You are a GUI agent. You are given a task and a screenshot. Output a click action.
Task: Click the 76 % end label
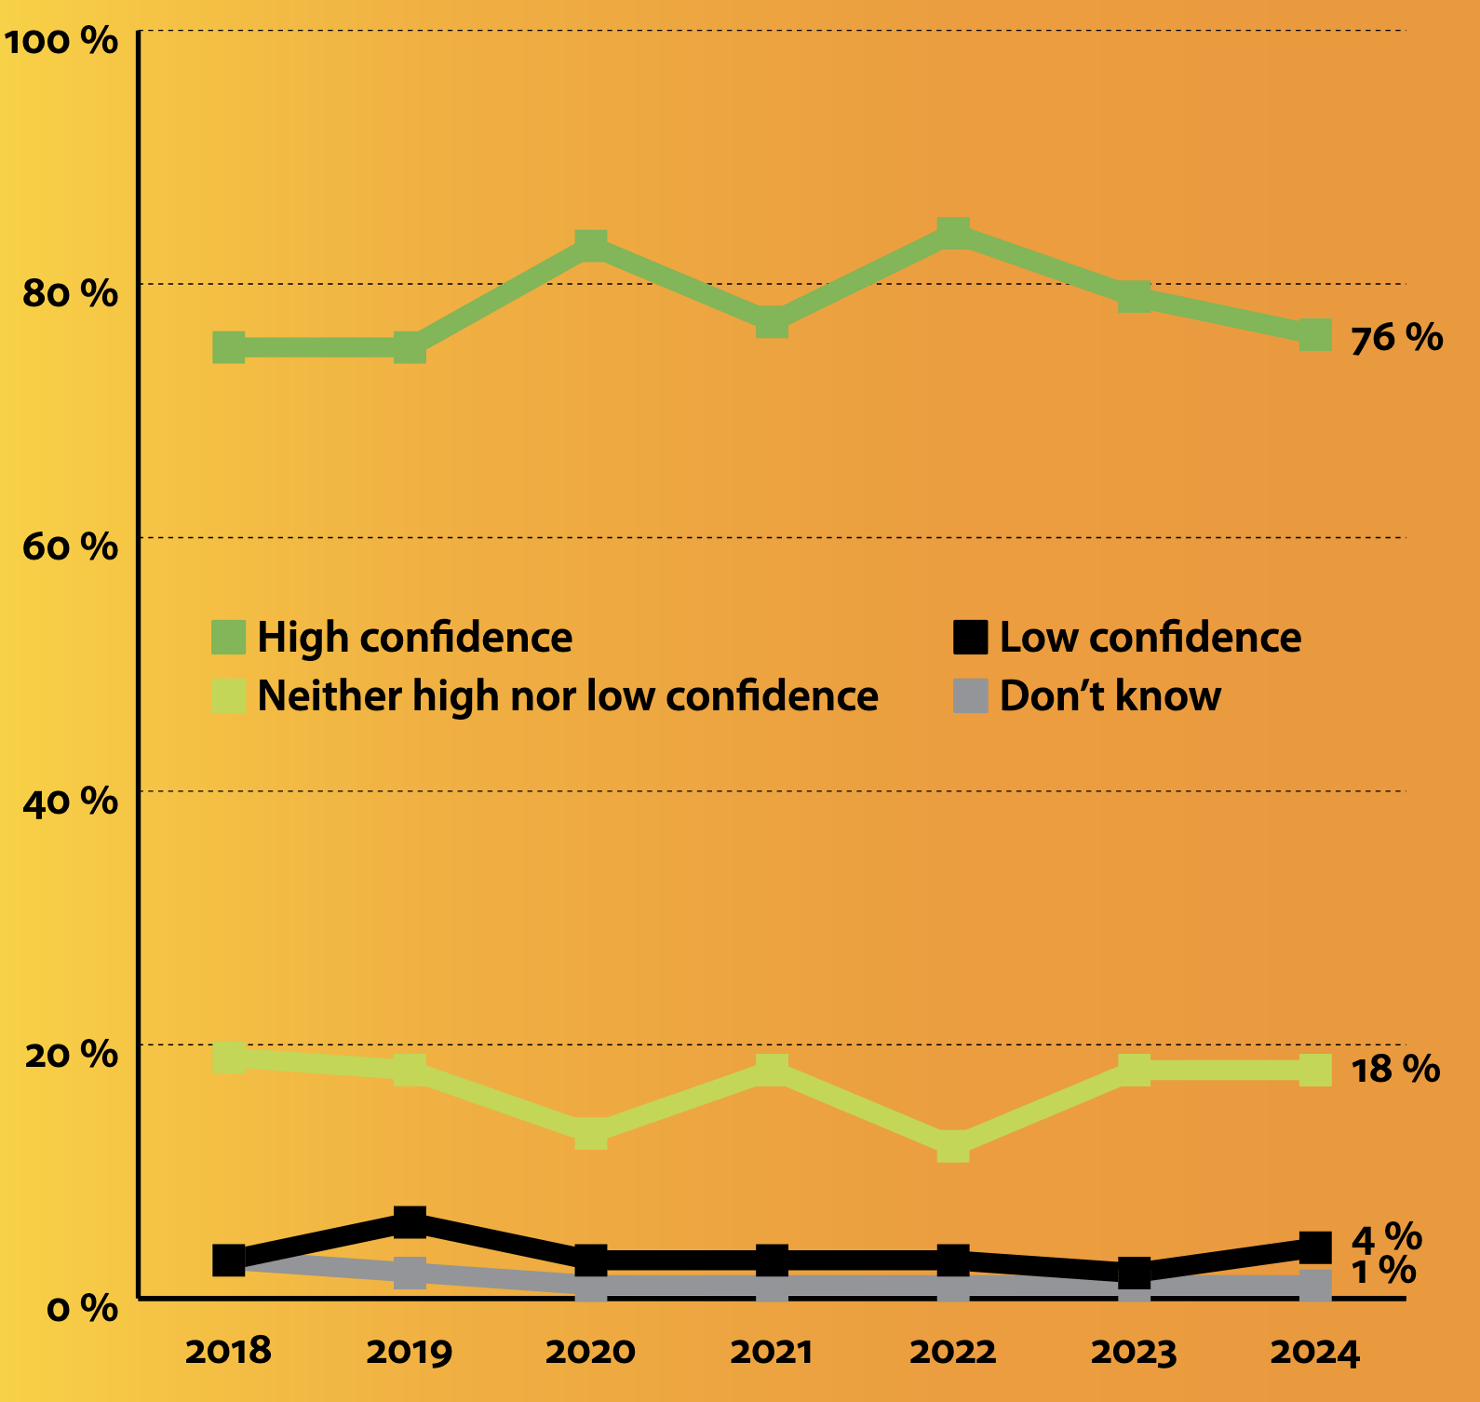[x=1396, y=337]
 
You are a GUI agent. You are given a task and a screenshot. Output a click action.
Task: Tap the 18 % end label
[x=1394, y=1069]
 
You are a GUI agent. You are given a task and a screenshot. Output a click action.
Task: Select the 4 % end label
[x=1386, y=1238]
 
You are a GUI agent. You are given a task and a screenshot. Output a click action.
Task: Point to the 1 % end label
[x=1383, y=1271]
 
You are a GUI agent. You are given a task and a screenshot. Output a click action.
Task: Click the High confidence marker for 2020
[x=591, y=247]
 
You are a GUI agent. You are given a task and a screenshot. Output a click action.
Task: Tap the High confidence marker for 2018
[x=229, y=347]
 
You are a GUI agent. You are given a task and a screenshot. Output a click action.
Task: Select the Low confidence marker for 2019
[x=410, y=1222]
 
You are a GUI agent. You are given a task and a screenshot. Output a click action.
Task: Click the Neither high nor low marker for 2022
[x=953, y=1146]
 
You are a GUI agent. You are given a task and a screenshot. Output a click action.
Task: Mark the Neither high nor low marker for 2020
[x=591, y=1133]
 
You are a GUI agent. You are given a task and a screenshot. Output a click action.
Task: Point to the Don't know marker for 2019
[x=410, y=1273]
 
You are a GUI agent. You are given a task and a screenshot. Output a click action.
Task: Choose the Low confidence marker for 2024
[x=1314, y=1247]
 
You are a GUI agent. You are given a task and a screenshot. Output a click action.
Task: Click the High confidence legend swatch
[x=229, y=638]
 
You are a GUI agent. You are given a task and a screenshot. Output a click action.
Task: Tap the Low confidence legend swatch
[x=970, y=638]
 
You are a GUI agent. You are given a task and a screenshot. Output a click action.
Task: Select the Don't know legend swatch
[x=970, y=696]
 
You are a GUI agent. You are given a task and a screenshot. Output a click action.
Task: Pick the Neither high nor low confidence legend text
[x=567, y=696]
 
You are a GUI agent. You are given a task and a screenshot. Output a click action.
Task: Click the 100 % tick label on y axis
[x=61, y=41]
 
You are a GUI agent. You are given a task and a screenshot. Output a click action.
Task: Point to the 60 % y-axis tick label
[x=71, y=546]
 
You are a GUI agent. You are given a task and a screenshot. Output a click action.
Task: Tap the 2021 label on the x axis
[x=771, y=1352]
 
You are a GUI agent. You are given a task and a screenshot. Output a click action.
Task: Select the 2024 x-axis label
[x=1314, y=1352]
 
